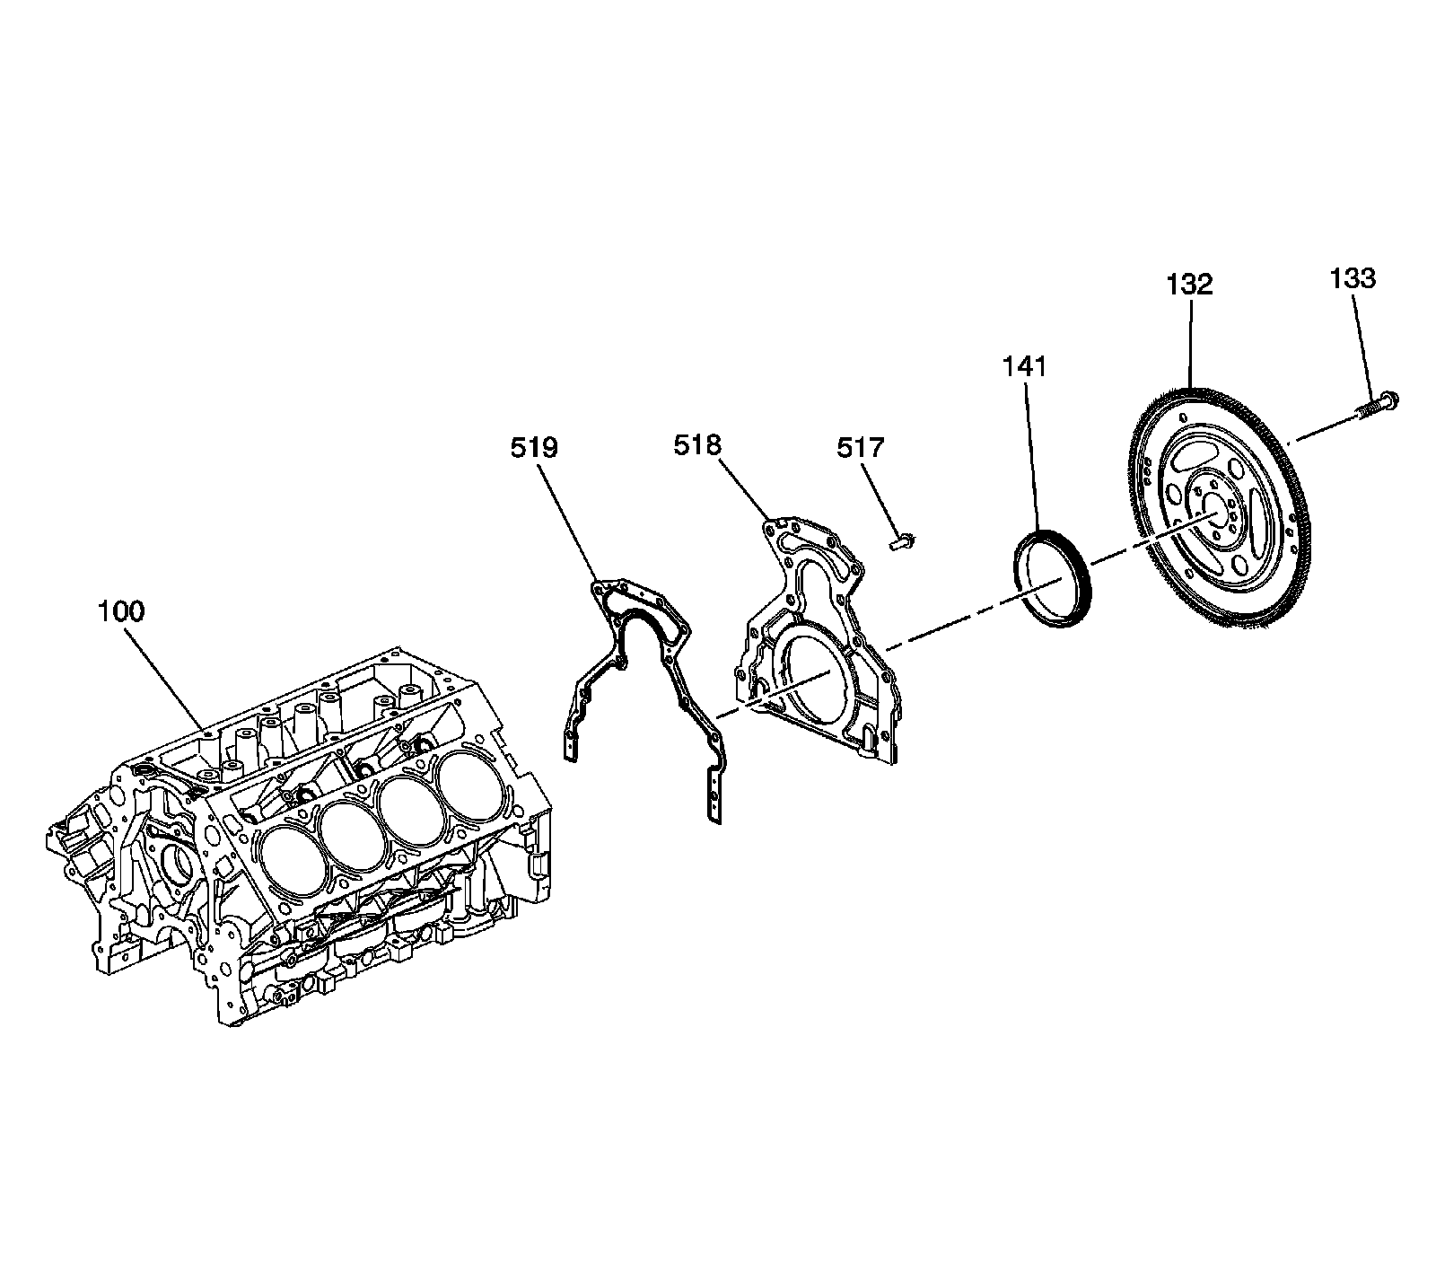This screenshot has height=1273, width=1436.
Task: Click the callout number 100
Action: [120, 612]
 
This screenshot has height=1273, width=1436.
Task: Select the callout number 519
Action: [534, 447]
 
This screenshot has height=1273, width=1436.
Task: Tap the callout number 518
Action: [697, 444]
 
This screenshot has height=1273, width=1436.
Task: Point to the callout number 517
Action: [861, 447]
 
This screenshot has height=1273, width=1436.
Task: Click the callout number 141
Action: [1024, 366]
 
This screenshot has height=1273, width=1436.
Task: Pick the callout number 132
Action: [1189, 285]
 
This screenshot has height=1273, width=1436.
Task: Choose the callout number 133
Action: [1353, 279]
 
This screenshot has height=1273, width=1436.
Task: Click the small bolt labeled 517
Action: [901, 540]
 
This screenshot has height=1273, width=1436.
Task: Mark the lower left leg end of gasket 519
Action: [570, 744]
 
